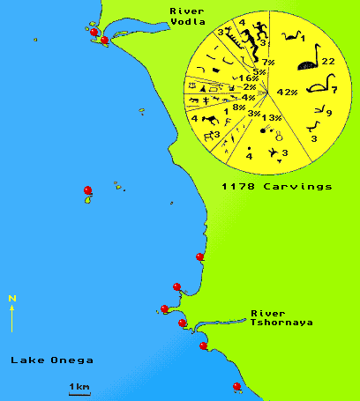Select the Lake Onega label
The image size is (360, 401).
pyautogui.click(x=50, y=360)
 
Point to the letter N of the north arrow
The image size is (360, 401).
pyautogui.click(x=11, y=298)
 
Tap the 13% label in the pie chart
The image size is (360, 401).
pyautogui.click(x=271, y=118)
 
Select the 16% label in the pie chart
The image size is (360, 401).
pyautogui.click(x=249, y=78)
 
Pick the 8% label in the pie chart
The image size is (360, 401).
pyautogui.click(x=239, y=107)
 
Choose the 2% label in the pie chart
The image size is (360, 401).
pyautogui.click(x=250, y=87)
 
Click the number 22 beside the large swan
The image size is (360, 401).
pyautogui.click(x=326, y=61)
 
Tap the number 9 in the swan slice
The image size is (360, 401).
pyautogui.click(x=328, y=113)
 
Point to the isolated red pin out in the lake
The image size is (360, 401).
pyautogui.click(x=86, y=190)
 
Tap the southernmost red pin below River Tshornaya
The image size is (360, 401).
pyautogui.click(x=236, y=386)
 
